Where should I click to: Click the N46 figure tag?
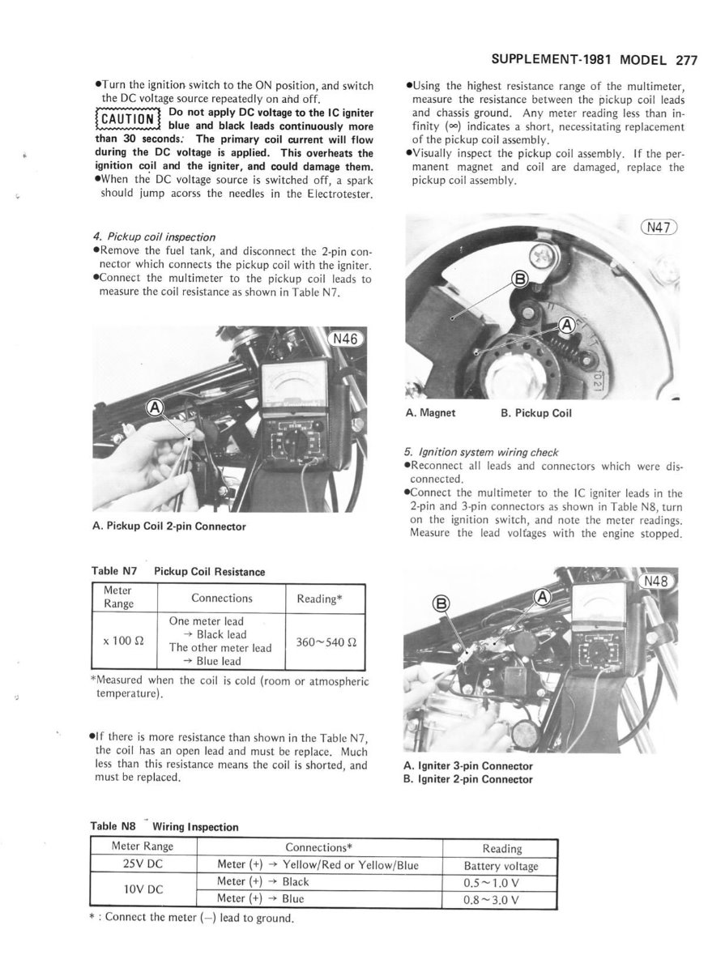(x=348, y=339)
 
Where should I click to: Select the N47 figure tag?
(x=658, y=228)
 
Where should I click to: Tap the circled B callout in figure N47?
(x=520, y=281)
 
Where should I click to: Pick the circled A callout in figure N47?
(x=566, y=325)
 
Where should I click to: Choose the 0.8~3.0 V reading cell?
(x=501, y=898)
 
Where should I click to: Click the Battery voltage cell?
(x=501, y=865)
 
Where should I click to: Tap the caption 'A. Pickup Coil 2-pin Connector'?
(x=169, y=526)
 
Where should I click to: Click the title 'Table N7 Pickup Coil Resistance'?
(x=177, y=572)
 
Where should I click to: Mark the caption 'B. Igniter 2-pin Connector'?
(x=467, y=779)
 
